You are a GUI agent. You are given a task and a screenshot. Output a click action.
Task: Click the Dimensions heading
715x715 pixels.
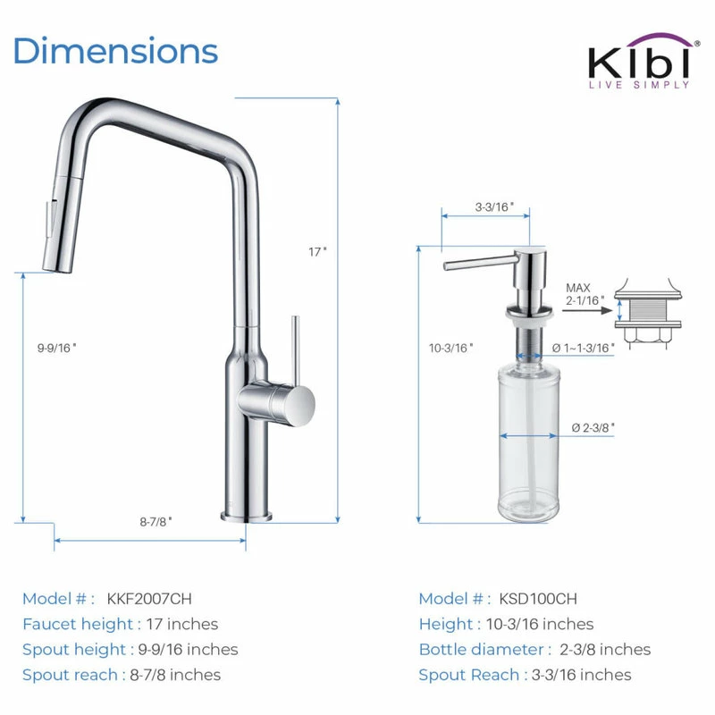116,51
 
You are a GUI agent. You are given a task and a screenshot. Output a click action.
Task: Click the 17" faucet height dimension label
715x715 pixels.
317,252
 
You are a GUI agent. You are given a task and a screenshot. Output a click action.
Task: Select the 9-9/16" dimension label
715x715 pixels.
56,348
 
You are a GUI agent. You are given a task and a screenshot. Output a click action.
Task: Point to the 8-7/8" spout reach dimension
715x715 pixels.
156,521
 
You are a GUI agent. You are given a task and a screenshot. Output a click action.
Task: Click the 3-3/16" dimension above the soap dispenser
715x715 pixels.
494,207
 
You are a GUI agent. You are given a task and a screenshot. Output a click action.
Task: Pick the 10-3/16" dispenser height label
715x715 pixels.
450,348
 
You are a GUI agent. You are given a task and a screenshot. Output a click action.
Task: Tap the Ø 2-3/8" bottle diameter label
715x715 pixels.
593,428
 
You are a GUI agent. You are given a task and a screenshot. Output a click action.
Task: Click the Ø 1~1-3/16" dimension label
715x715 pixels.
584,348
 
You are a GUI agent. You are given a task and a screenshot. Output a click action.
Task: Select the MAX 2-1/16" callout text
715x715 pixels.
585,294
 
